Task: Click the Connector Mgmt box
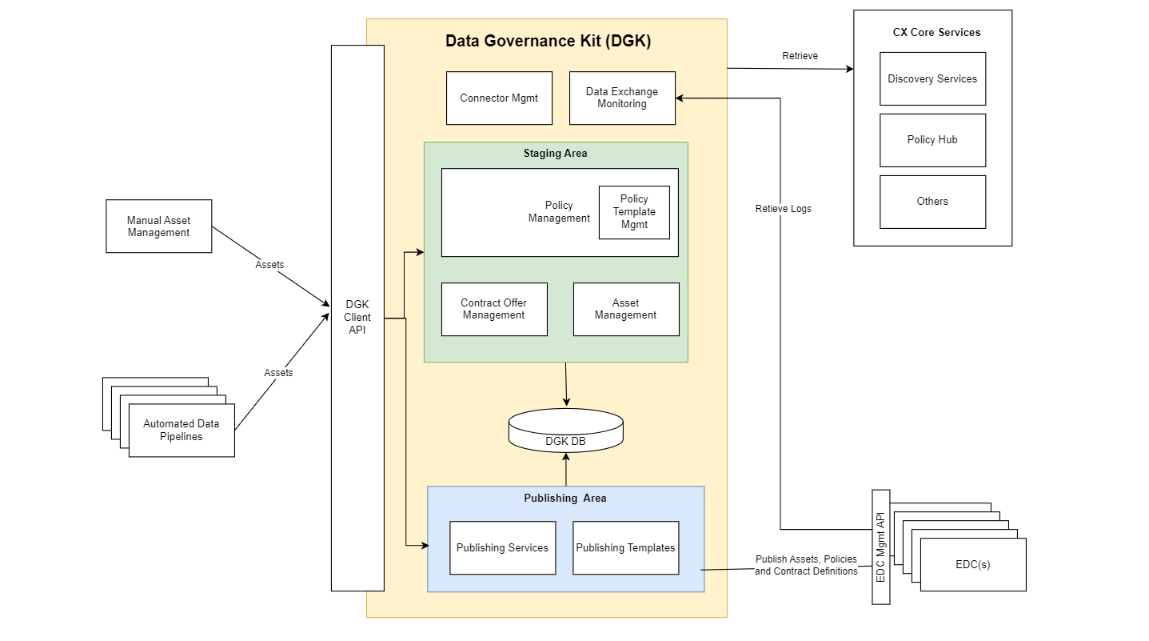coord(499,98)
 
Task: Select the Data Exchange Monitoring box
coord(622,98)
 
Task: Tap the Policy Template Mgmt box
coord(634,212)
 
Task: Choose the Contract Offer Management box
coord(494,309)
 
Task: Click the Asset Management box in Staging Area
coord(626,309)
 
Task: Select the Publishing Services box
coord(502,548)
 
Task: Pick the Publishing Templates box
coord(625,548)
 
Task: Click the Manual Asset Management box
coord(159,226)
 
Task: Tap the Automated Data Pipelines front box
coord(182,431)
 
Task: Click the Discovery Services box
coord(932,79)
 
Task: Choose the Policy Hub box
coord(932,140)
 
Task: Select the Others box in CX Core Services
coord(932,202)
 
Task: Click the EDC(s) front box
coord(973,564)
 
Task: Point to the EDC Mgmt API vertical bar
coord(880,547)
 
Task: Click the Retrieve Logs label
coord(783,209)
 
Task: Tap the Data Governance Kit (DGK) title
coord(548,42)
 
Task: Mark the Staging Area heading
coord(555,153)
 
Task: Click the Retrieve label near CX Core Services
coord(800,56)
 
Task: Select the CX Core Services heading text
coord(936,33)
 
